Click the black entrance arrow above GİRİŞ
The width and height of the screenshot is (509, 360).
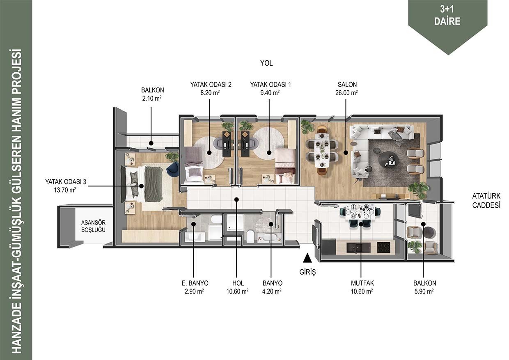(x=307, y=258)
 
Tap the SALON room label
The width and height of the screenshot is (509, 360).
(x=347, y=85)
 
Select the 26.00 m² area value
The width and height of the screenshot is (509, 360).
(x=346, y=93)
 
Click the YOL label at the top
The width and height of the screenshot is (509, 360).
(x=266, y=63)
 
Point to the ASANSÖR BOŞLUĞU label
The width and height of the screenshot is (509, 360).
(x=93, y=226)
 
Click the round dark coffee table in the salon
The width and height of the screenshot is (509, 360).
(x=388, y=159)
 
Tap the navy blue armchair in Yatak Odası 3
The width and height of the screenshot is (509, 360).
(x=173, y=170)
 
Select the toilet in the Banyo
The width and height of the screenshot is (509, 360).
(x=250, y=236)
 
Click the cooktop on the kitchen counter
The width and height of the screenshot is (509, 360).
(x=383, y=248)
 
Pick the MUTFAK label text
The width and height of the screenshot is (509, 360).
(x=362, y=283)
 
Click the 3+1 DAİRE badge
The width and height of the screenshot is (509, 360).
(x=447, y=16)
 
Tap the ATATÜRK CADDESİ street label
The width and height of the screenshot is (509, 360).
(x=486, y=200)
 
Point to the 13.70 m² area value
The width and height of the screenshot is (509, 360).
(x=65, y=190)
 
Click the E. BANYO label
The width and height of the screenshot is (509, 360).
(x=195, y=283)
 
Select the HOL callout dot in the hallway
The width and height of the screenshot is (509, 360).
(x=236, y=199)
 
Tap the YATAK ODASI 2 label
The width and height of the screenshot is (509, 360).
(x=211, y=85)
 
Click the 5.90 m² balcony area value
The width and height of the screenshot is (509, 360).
(x=424, y=291)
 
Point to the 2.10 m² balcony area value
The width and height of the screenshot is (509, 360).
(x=152, y=99)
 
